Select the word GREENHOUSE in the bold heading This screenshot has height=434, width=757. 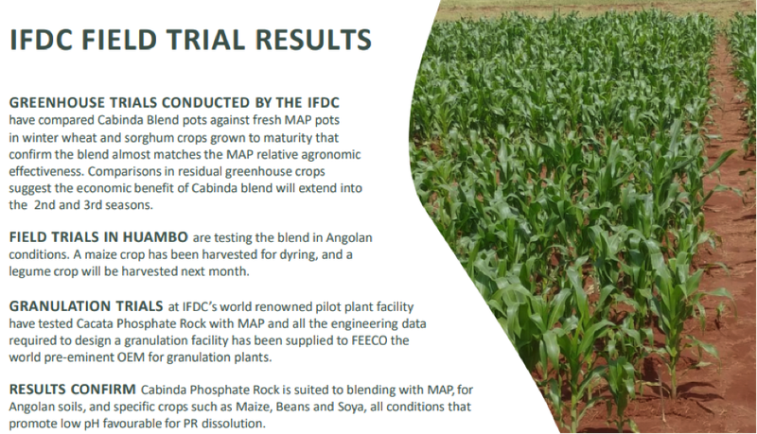tap(57, 103)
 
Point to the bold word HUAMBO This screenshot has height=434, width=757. tap(155, 237)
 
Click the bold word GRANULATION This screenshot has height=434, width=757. tap(57, 306)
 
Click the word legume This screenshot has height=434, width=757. tap(26, 271)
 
